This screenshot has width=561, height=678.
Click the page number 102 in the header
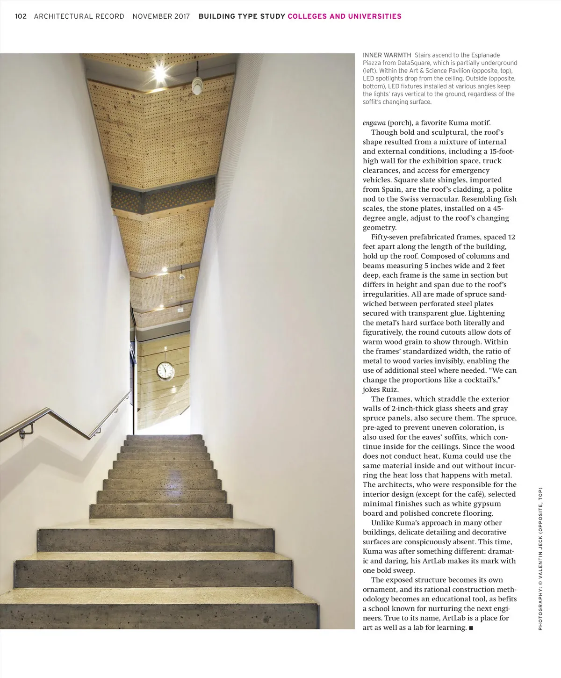[x=21, y=16]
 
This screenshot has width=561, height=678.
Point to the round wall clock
[x=165, y=370]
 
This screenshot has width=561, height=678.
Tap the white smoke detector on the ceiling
[x=197, y=85]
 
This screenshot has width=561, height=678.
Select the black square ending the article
[x=471, y=628]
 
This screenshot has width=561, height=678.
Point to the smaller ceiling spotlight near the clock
[x=164, y=270]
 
